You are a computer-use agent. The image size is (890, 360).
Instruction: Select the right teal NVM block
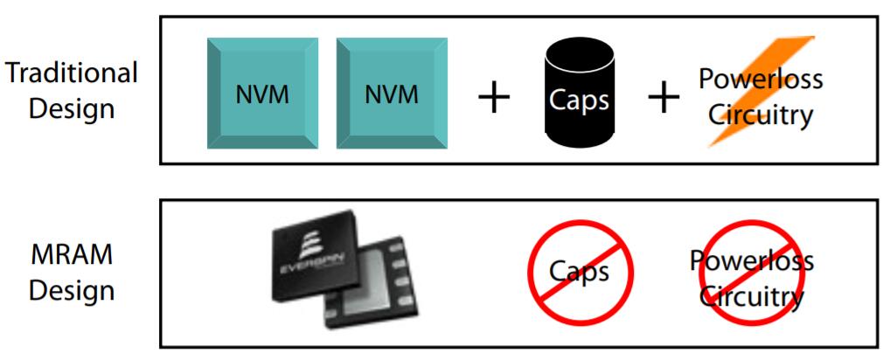[391, 93]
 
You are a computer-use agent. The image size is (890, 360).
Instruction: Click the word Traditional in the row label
[72, 74]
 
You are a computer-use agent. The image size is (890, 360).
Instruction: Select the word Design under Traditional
[72, 111]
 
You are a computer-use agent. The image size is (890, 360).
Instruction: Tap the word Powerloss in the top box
[761, 79]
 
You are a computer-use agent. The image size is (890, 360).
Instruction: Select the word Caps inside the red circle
[578, 271]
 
